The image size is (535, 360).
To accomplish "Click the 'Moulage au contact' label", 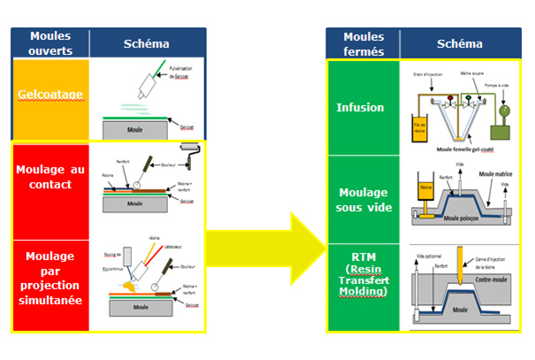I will click(50, 175).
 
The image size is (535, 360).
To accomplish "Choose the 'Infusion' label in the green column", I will click(360, 108).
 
